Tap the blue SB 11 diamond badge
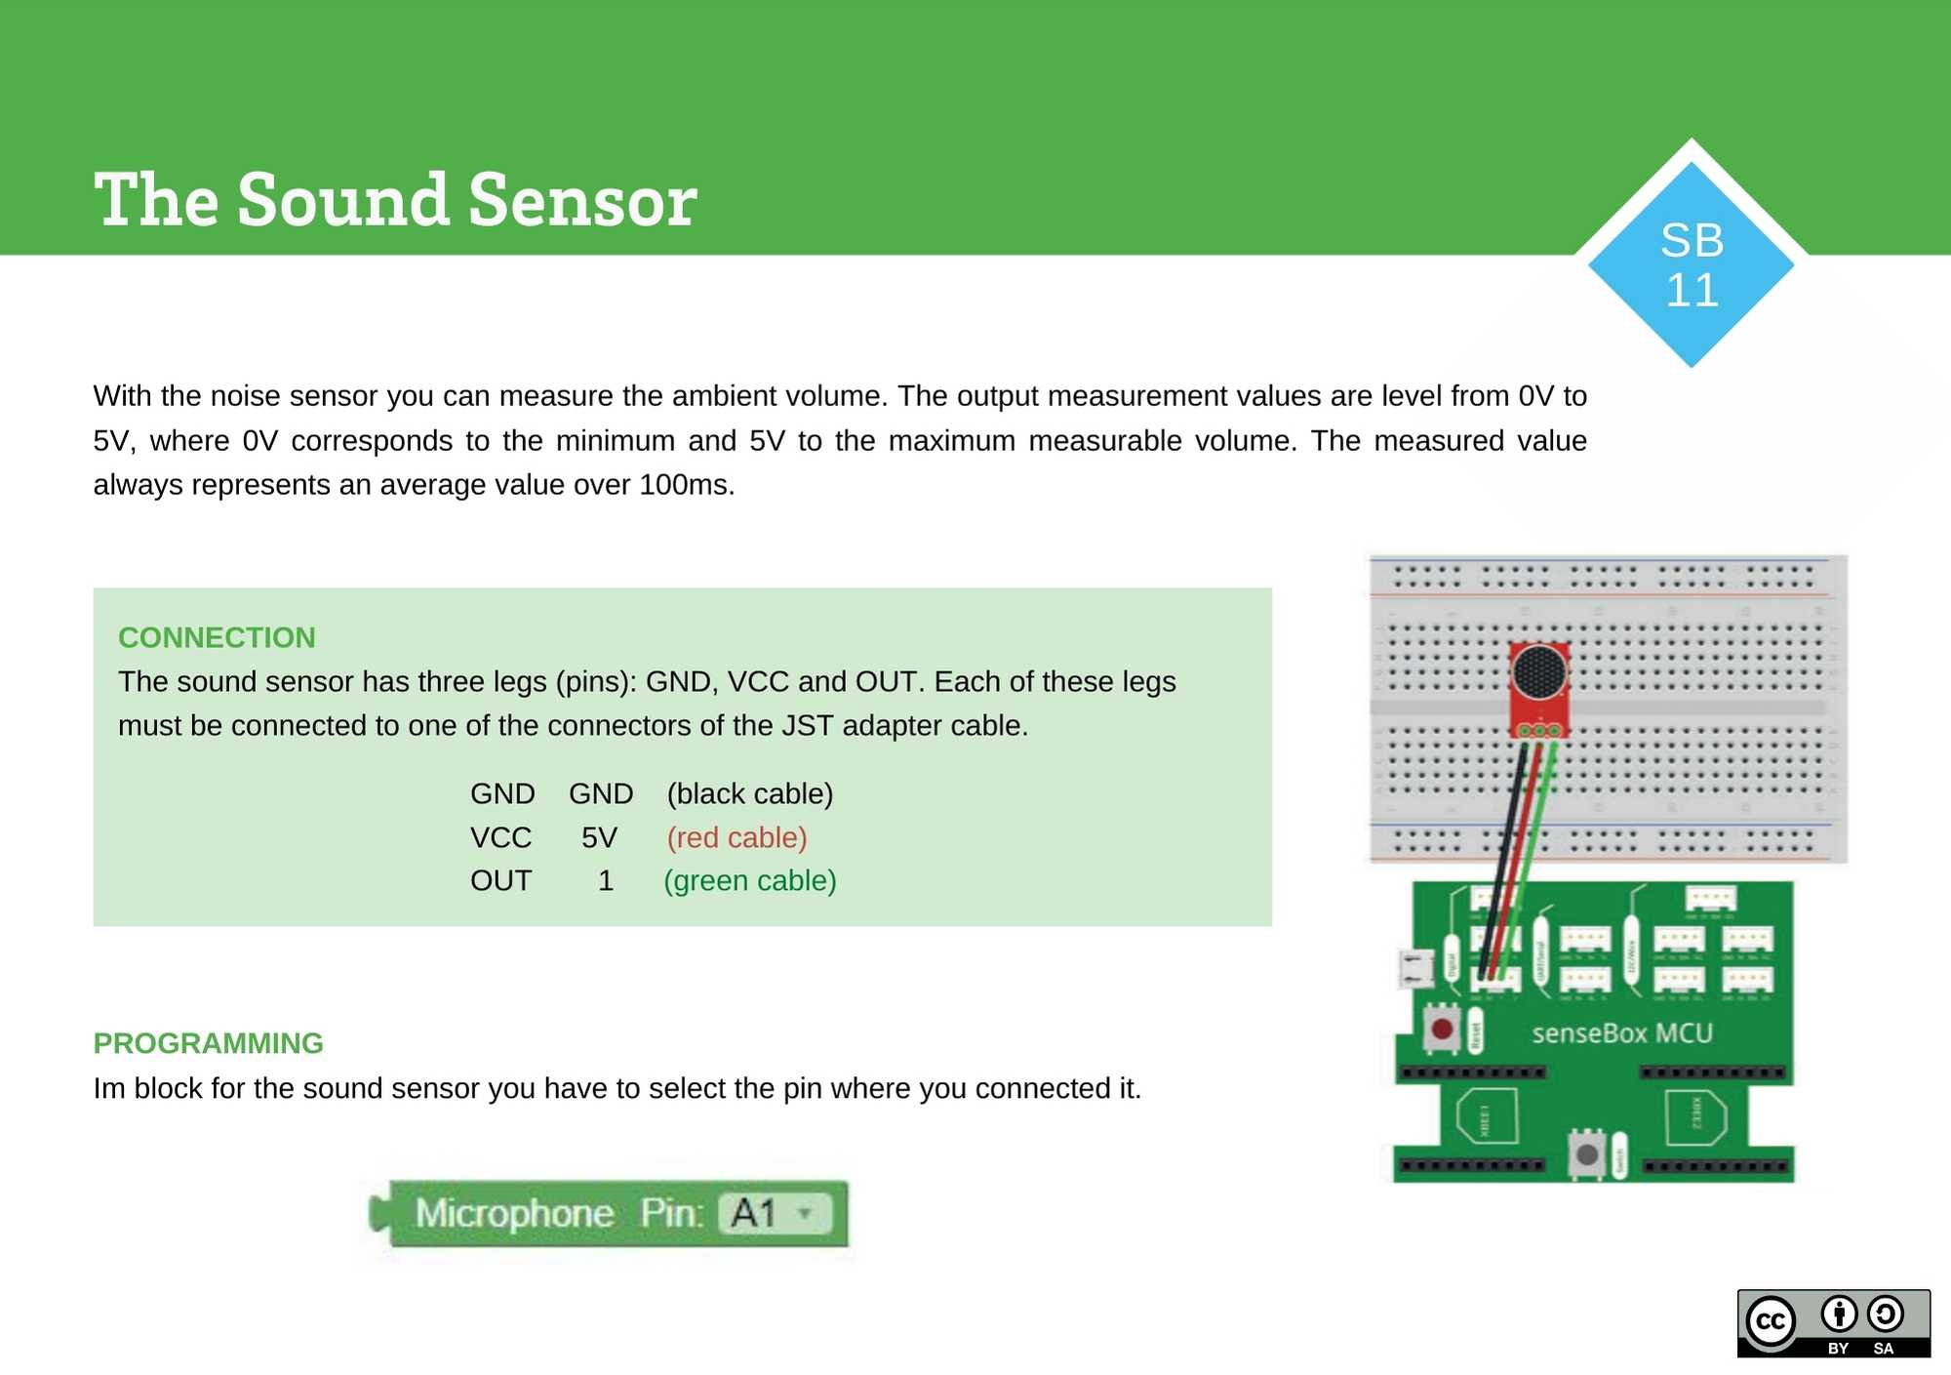click(x=1691, y=264)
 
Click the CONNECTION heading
click(x=217, y=637)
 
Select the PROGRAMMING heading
click(x=208, y=1043)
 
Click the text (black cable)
click(x=749, y=793)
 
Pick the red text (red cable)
click(x=737, y=837)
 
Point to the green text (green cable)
click(x=749, y=880)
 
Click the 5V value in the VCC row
click(x=599, y=837)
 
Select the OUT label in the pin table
click(x=500, y=880)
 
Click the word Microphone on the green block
click(x=514, y=1213)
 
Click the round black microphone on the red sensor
click(x=1538, y=672)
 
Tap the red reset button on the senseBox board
click(x=1441, y=1029)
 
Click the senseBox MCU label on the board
click(x=1621, y=1032)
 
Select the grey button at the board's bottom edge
click(x=1586, y=1154)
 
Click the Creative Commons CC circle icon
click(x=1771, y=1321)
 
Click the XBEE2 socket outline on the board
click(x=1694, y=1117)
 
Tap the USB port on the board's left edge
click(x=1414, y=968)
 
